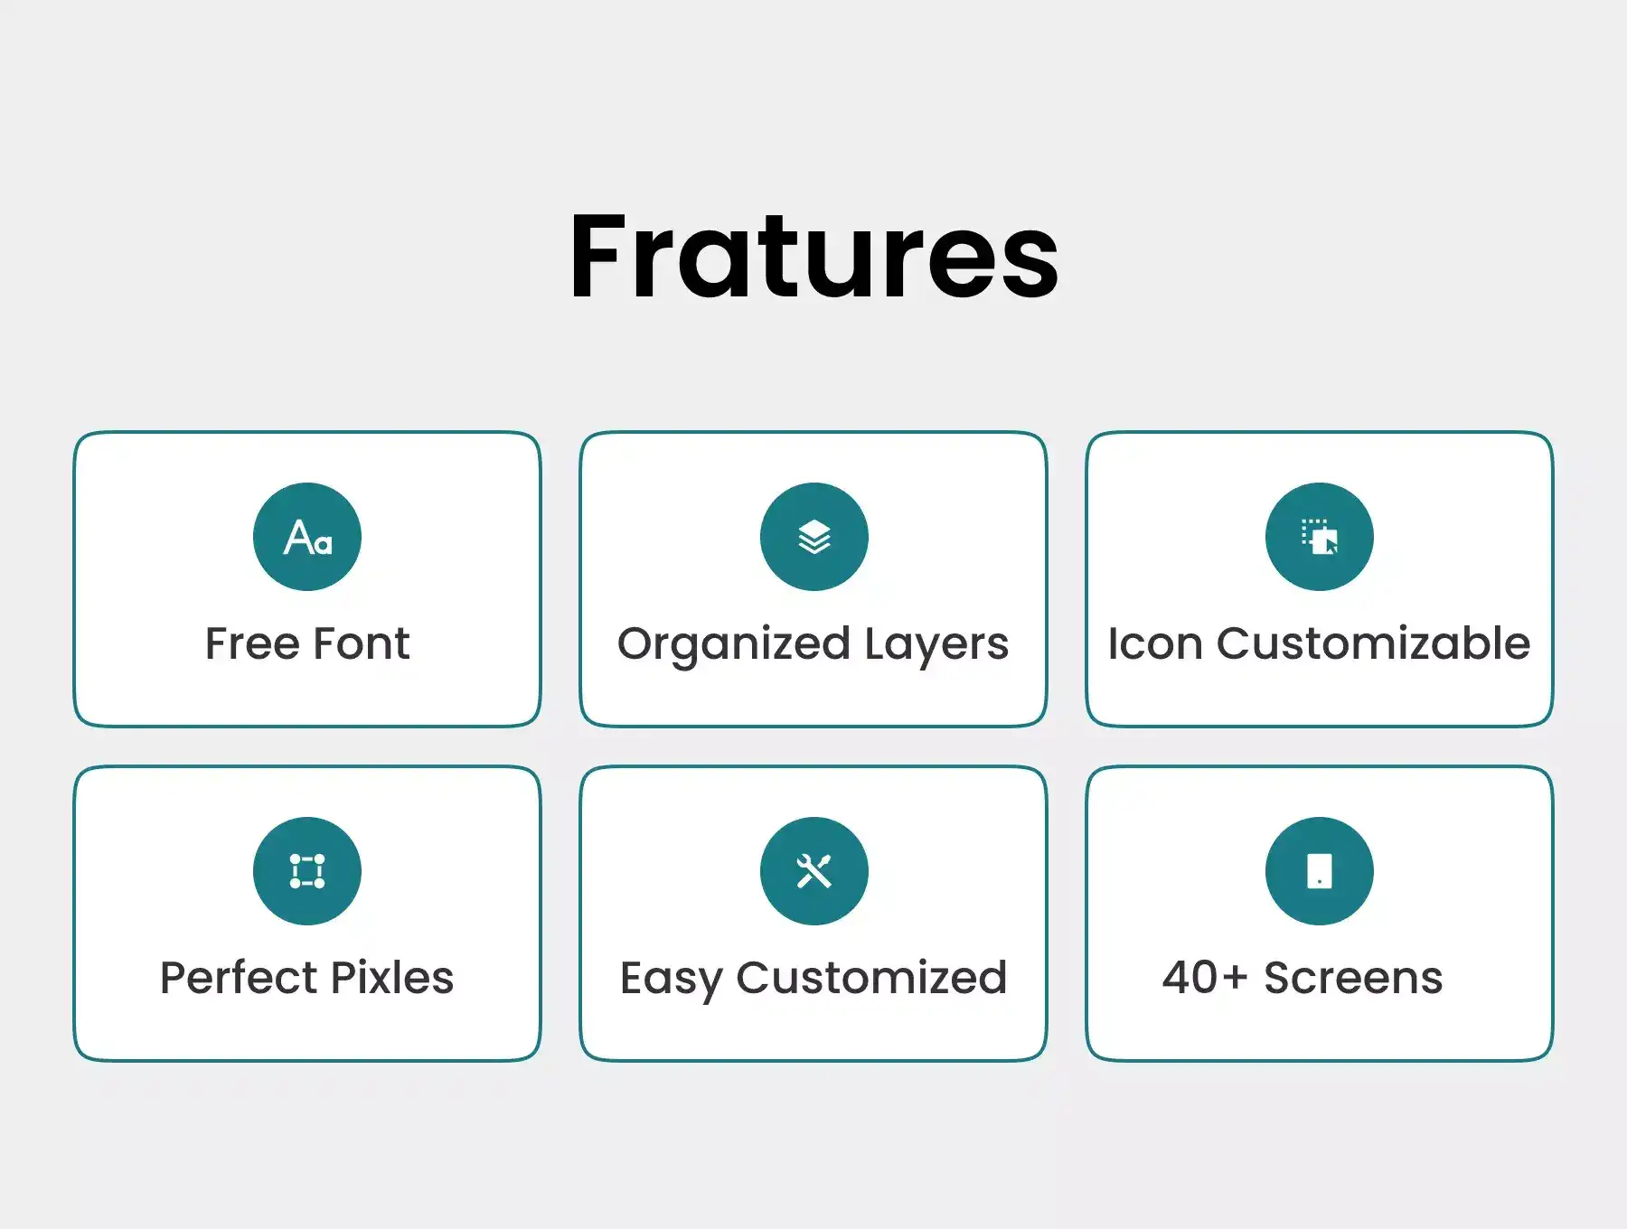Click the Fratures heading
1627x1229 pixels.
pyautogui.click(x=813, y=256)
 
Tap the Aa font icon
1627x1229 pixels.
pyautogui.click(x=307, y=537)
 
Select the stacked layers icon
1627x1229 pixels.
pyautogui.click(x=813, y=537)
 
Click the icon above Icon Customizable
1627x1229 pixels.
pyautogui.click(x=1320, y=537)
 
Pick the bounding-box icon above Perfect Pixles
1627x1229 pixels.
pyautogui.click(x=307, y=871)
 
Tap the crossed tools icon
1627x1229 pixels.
pyautogui.click(x=813, y=871)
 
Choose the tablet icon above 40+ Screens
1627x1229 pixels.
pyautogui.click(x=1320, y=871)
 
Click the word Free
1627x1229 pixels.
pyautogui.click(x=252, y=643)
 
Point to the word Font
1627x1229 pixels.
pyautogui.click(x=362, y=643)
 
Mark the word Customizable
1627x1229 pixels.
pyautogui.click(x=1373, y=643)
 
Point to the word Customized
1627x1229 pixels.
pyautogui.click(x=871, y=978)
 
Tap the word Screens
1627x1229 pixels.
pyautogui.click(x=1353, y=978)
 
